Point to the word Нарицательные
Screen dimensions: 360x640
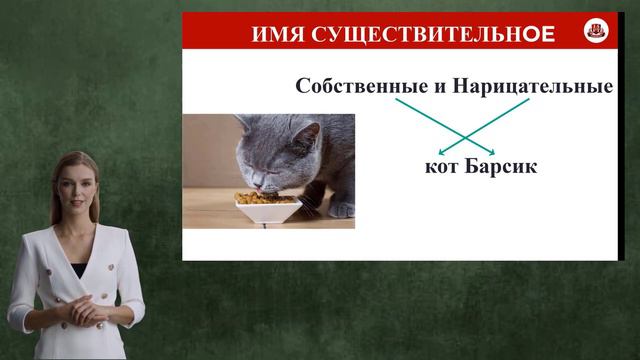click(x=532, y=86)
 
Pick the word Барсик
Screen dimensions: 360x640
click(x=501, y=166)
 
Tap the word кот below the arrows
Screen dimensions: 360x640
click(x=442, y=166)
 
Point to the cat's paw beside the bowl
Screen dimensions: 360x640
click(x=342, y=208)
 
